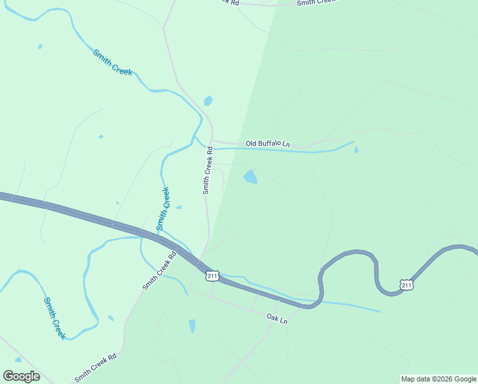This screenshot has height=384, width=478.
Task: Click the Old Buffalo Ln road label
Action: pyautogui.click(x=268, y=144)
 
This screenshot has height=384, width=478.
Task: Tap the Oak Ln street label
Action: pyautogui.click(x=277, y=318)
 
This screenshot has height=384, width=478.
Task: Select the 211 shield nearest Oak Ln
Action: pyautogui.click(x=213, y=276)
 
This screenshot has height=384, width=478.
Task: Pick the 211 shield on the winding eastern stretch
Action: pyautogui.click(x=406, y=284)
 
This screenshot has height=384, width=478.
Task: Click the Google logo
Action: pyautogui.click(x=21, y=376)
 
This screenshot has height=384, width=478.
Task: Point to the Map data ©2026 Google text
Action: pyautogui.click(x=438, y=379)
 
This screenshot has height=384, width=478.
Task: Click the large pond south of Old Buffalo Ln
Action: pyautogui.click(x=251, y=177)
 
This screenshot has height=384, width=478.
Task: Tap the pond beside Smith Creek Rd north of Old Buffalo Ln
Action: pyautogui.click(x=208, y=101)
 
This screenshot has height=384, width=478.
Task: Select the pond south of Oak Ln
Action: pyautogui.click(x=192, y=326)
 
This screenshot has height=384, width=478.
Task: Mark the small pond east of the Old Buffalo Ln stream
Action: pyautogui.click(x=356, y=150)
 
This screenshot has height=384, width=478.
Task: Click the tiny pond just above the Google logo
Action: pyautogui.click(x=18, y=360)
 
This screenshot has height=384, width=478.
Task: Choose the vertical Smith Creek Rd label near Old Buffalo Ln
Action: pyautogui.click(x=207, y=173)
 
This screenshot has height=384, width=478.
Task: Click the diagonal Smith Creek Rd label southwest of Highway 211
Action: pyautogui.click(x=158, y=271)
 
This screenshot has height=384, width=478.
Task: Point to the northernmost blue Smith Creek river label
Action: pyautogui.click(x=112, y=63)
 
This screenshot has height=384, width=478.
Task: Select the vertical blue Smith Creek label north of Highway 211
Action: pyautogui.click(x=164, y=208)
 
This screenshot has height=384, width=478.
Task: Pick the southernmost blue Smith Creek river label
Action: pyautogui.click(x=54, y=317)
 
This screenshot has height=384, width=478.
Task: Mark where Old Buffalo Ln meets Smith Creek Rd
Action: pyautogui.click(x=212, y=141)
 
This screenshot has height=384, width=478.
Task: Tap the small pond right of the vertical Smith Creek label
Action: pyautogui.click(x=178, y=207)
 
